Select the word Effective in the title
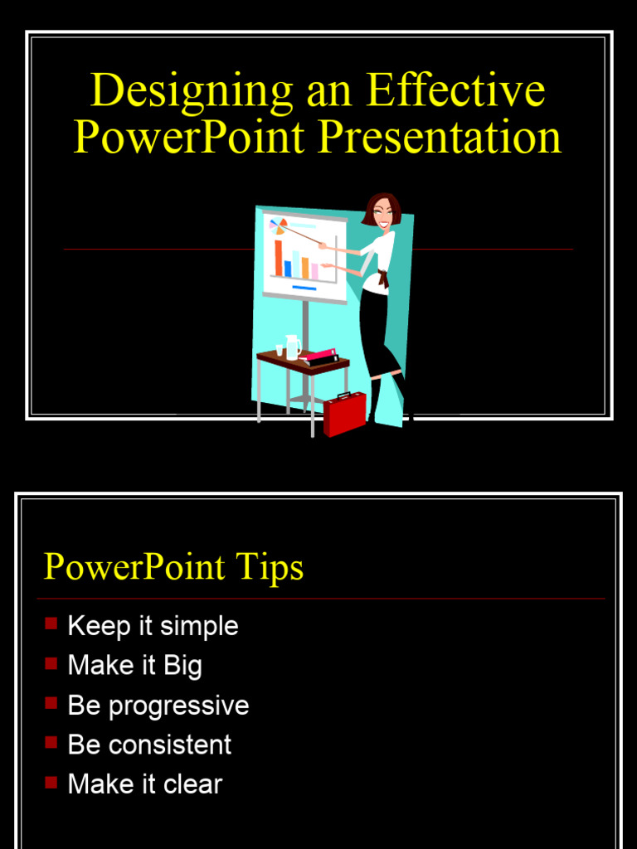click(455, 90)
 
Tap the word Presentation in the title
click(440, 138)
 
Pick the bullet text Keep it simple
click(153, 626)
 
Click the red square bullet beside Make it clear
click(51, 782)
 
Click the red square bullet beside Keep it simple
click(51, 623)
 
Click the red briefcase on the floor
click(344, 412)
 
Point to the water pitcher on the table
click(292, 347)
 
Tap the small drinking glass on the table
click(280, 351)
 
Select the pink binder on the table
click(318, 355)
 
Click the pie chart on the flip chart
click(279, 226)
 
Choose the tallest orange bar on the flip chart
click(278, 258)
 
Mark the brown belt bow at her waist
click(382, 278)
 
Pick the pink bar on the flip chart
click(314, 271)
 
